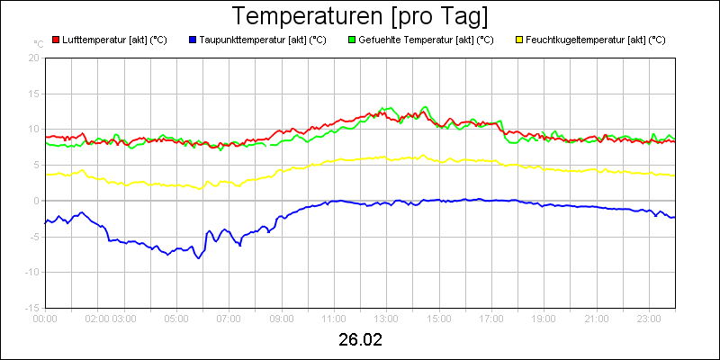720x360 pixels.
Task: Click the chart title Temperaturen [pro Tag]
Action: tap(360, 16)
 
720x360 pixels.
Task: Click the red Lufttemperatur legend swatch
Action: tap(56, 40)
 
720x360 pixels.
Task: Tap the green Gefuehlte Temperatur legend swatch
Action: tap(352, 40)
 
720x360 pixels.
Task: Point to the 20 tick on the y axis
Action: tap(33, 57)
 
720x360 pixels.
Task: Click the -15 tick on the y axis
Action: tap(31, 307)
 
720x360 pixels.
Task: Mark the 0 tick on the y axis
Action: tap(37, 200)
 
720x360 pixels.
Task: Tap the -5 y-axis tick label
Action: tap(33, 236)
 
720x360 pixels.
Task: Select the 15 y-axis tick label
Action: tap(33, 93)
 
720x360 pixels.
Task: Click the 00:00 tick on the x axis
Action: tap(45, 318)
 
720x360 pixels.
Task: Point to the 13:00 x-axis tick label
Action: tap(386, 318)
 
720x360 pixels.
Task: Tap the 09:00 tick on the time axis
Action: tap(282, 318)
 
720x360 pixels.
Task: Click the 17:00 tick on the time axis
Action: tap(491, 318)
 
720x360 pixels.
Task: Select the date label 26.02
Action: tap(360, 340)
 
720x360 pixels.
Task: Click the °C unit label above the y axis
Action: tap(38, 43)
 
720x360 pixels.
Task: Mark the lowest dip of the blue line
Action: tap(199, 258)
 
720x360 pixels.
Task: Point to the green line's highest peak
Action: tap(425, 106)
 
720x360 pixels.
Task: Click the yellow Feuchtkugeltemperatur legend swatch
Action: tap(519, 40)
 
